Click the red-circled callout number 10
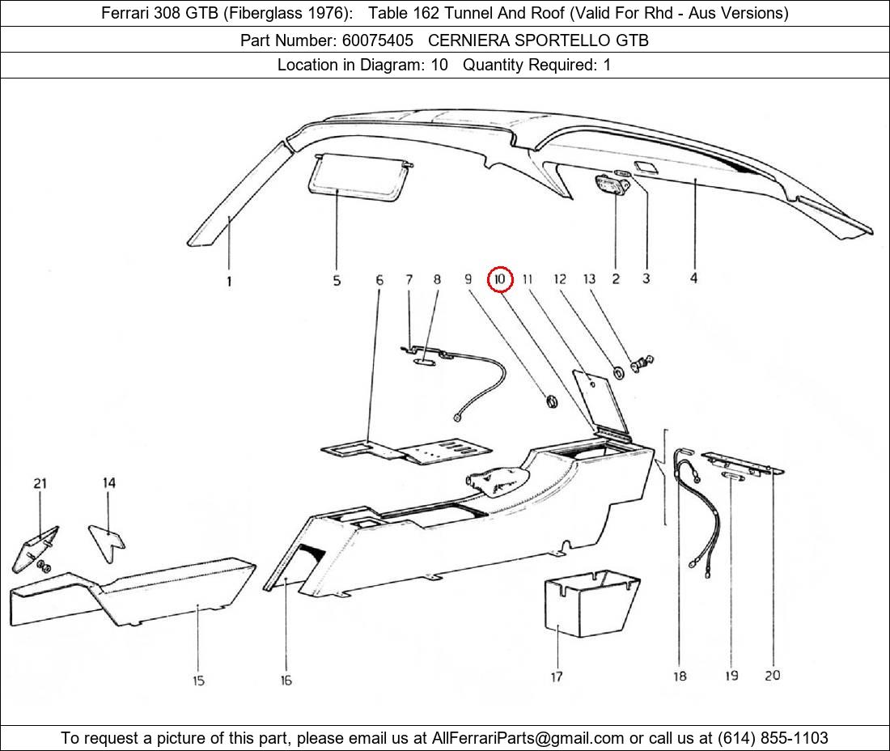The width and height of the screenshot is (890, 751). click(500, 279)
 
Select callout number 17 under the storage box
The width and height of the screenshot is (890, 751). click(557, 677)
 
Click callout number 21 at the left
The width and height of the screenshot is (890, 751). click(40, 483)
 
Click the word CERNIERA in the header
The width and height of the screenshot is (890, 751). click(465, 40)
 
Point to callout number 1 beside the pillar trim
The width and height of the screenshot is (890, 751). click(229, 282)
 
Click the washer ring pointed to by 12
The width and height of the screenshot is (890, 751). click(619, 371)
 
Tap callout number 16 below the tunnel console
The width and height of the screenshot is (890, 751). click(286, 681)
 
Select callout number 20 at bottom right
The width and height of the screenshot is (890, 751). click(772, 675)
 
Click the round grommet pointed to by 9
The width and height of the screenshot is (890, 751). click(553, 401)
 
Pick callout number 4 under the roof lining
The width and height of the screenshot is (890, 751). click(693, 278)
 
